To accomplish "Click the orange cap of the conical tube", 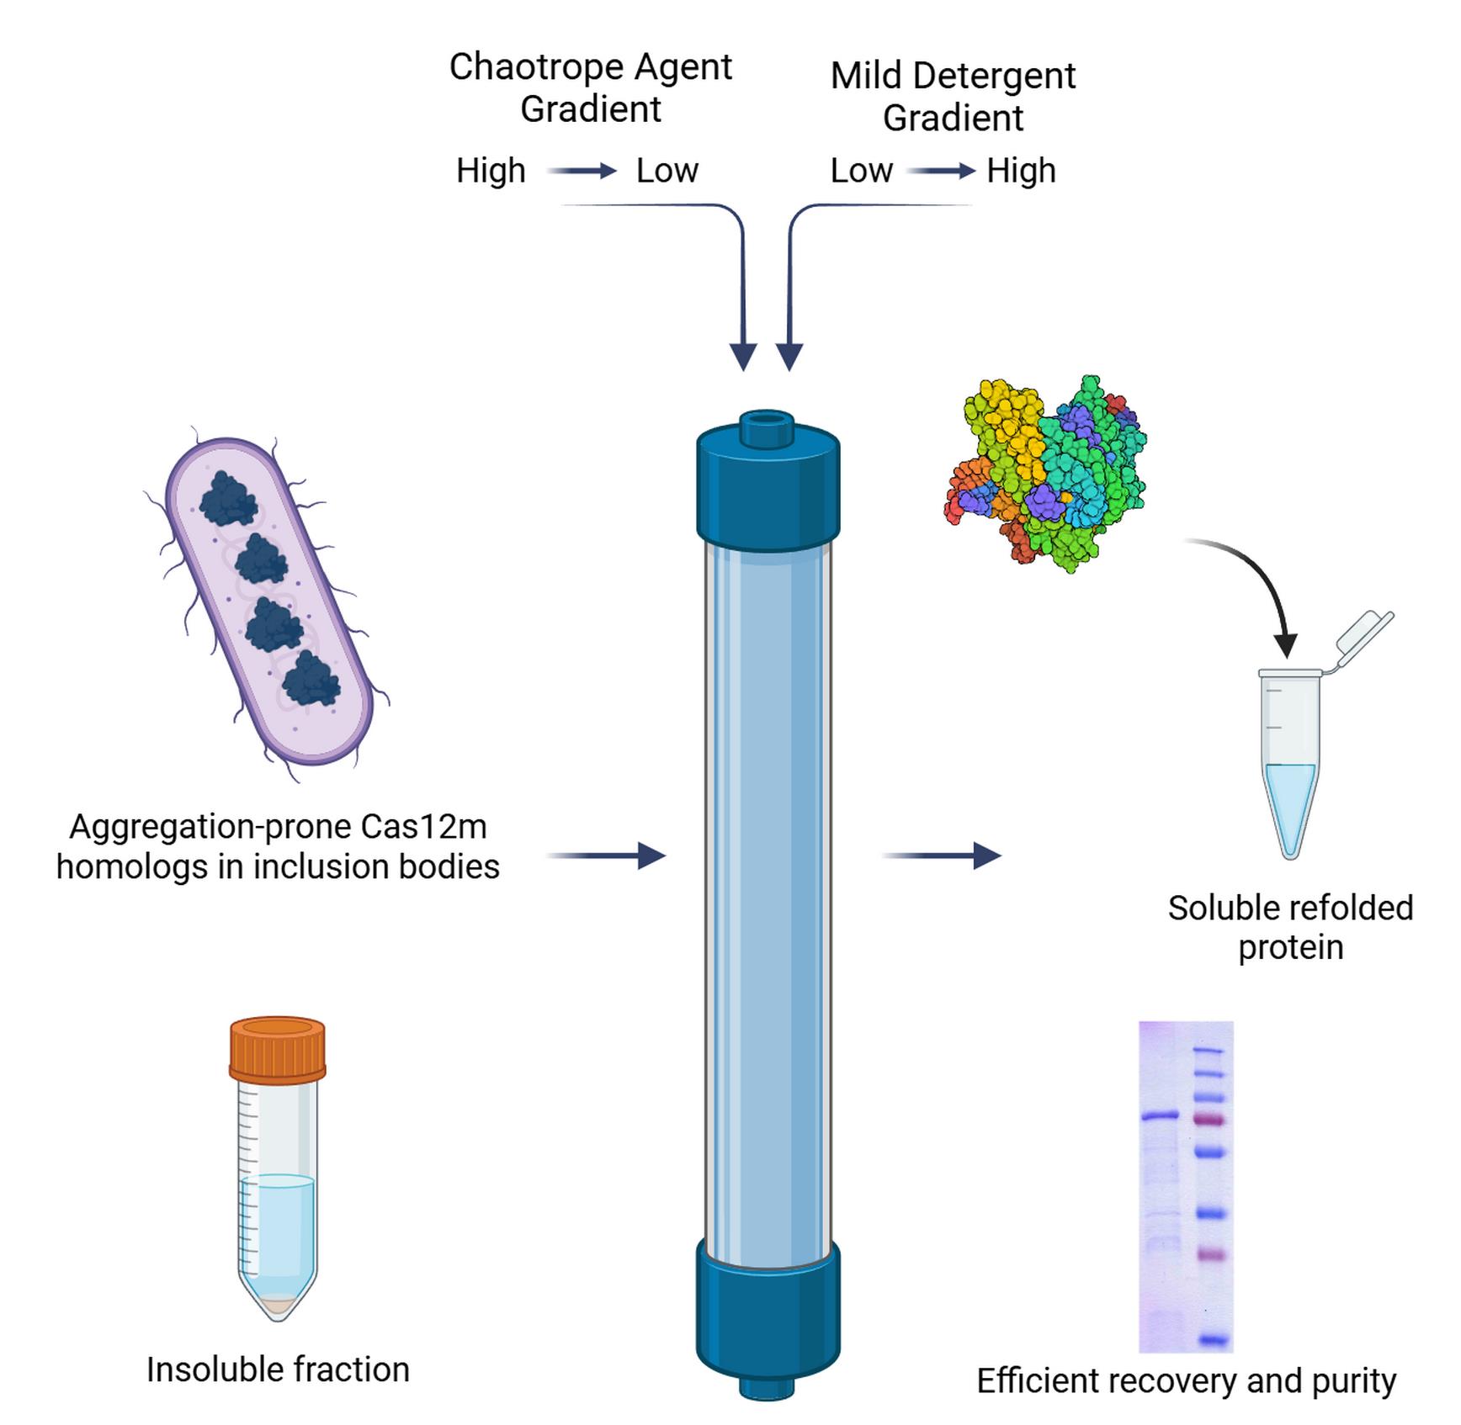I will pyautogui.click(x=277, y=1049).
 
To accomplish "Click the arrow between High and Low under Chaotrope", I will pyautogui.click(x=582, y=172).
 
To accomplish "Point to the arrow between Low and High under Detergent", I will pyautogui.click(x=940, y=172).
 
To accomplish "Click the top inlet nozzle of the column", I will pyautogui.click(x=767, y=427).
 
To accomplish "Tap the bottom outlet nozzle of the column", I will pyautogui.click(x=767, y=1386).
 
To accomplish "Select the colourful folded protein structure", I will pyautogui.click(x=1046, y=475).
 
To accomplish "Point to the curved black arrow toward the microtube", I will pyautogui.click(x=1254, y=580).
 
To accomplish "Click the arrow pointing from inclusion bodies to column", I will pyautogui.click(x=606, y=856).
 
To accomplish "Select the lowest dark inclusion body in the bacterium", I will pyautogui.click(x=311, y=680).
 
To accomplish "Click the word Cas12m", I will pyautogui.click(x=423, y=827).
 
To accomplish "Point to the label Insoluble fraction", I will pyautogui.click(x=278, y=1369).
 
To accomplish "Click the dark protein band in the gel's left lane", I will pyautogui.click(x=1161, y=1117).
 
